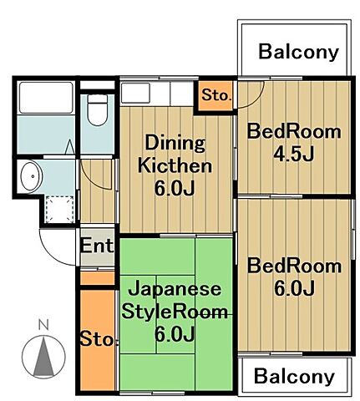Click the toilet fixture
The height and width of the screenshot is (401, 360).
[98, 110]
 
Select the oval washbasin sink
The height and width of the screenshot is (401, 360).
[31, 176]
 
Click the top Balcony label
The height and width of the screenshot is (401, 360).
[298, 52]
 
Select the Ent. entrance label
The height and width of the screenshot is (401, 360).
[97, 246]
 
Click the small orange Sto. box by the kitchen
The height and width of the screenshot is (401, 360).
[215, 94]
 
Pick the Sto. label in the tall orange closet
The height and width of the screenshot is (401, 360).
[97, 339]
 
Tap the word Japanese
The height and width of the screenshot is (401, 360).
[175, 290]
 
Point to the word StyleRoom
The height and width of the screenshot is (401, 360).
[175, 312]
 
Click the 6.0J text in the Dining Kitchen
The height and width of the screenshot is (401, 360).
[175, 188]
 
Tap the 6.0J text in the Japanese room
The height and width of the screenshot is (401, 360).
[175, 335]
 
